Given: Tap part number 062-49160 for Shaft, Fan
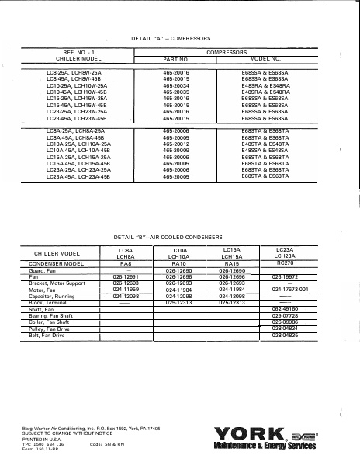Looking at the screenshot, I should coord(286,307).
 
